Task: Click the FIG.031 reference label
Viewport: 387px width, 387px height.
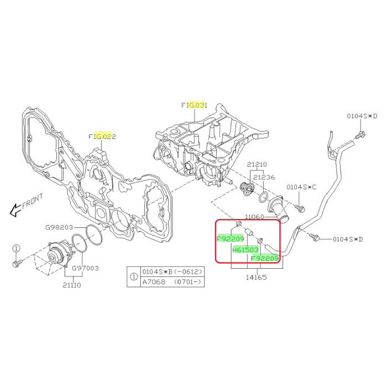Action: coord(194,106)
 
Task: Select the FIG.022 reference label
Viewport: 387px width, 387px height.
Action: coord(102,137)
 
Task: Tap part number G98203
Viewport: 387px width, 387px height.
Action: coord(59,227)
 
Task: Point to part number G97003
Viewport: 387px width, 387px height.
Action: coord(85,268)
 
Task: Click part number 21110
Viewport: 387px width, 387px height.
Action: coord(72,285)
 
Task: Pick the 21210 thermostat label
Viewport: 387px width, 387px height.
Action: coord(257,164)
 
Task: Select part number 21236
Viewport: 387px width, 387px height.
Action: coord(264,177)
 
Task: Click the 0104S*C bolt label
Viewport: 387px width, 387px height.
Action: coord(301,187)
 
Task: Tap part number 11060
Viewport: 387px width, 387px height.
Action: coord(254,217)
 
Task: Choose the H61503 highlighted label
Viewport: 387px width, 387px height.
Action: coord(245,250)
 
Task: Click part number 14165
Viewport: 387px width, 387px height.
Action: coord(256,277)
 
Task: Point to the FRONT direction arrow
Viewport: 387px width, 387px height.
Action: coord(14,210)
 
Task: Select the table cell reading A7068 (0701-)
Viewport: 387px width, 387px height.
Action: coord(172,281)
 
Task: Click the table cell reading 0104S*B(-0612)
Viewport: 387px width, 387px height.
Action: coord(172,272)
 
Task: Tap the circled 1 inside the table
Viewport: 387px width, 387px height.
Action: coord(134,276)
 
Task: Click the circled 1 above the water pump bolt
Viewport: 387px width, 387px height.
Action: coord(15,248)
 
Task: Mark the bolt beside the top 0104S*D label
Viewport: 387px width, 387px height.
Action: coord(360,135)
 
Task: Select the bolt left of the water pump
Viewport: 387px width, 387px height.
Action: coord(17,263)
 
